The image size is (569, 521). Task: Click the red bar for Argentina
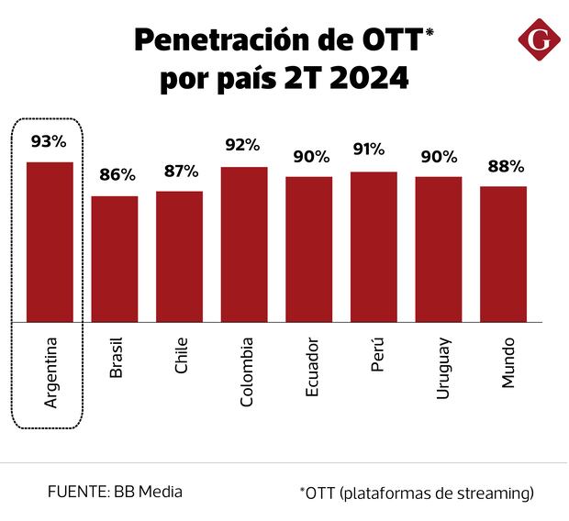(50, 241)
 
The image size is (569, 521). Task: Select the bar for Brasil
(115, 259)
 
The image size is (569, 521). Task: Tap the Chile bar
(179, 256)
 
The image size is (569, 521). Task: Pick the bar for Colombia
(244, 244)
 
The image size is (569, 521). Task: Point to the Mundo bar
(503, 253)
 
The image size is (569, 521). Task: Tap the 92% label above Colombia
(244, 145)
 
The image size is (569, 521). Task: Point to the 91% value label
(374, 150)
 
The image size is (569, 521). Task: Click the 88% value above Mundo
(505, 166)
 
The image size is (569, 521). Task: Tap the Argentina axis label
(50, 372)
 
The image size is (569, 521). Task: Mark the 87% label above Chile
(181, 170)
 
